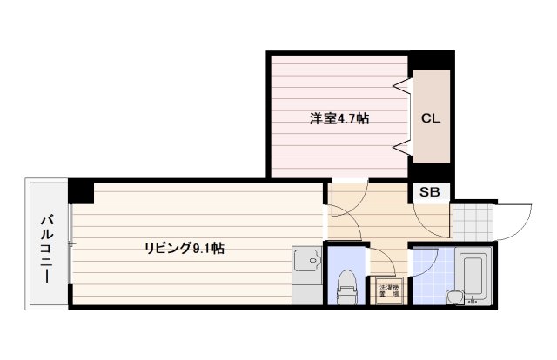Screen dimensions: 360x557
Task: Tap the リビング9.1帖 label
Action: click(x=185, y=249)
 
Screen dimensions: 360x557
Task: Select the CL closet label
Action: click(x=431, y=118)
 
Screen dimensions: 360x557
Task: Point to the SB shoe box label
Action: click(x=430, y=193)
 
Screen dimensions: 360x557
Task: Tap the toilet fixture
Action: click(x=346, y=285)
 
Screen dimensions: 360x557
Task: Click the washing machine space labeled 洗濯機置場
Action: click(x=389, y=291)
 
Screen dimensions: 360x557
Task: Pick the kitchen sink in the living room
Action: click(x=306, y=261)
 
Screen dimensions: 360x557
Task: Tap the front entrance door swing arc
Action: click(x=515, y=219)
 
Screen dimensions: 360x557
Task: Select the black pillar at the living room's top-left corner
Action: click(x=81, y=190)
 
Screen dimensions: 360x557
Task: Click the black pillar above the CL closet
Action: click(x=430, y=60)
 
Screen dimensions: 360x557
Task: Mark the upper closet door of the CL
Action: click(x=403, y=87)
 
